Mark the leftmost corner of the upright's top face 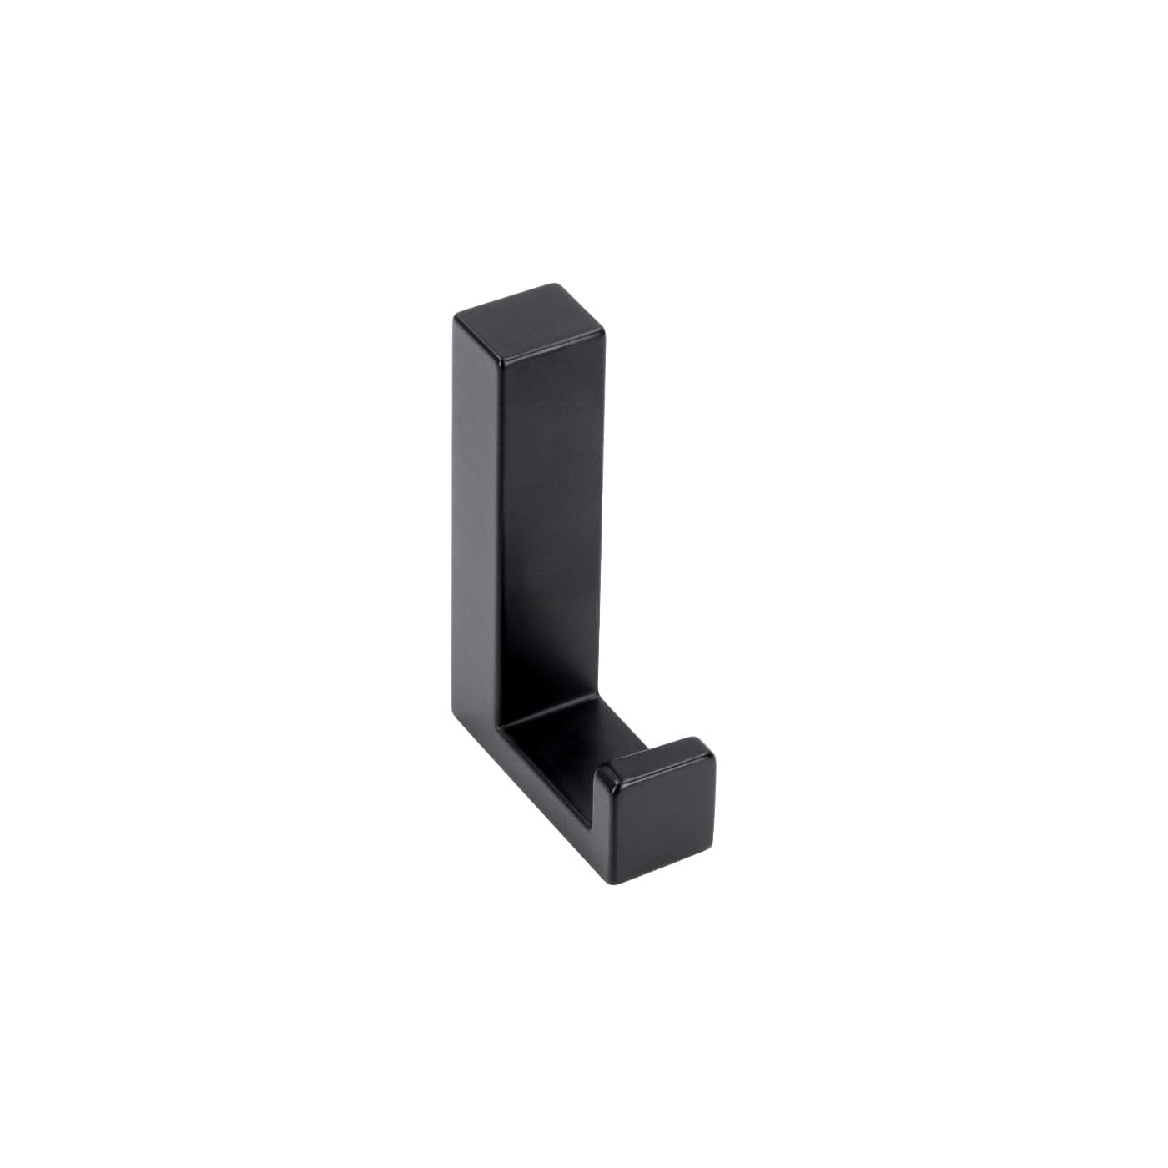(456, 319)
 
